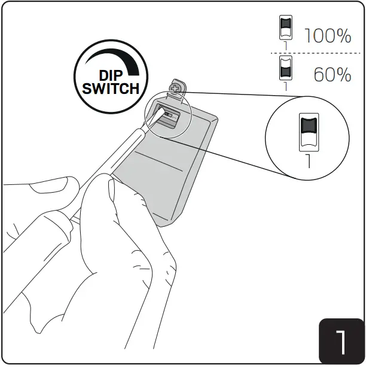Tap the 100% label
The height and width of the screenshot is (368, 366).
pos(327,37)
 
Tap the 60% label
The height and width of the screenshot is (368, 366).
pos(332,75)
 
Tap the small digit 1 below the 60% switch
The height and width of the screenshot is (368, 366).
pos(285,86)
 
